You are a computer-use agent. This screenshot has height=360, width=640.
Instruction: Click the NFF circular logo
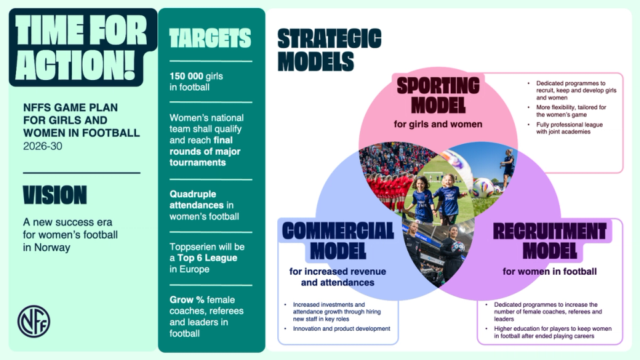(33, 321)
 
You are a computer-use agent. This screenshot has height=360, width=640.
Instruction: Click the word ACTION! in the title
(75, 65)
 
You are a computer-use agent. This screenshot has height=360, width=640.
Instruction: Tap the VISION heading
(55, 195)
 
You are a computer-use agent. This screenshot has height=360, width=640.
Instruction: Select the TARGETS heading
(209, 38)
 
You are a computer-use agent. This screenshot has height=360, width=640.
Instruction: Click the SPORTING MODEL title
(437, 95)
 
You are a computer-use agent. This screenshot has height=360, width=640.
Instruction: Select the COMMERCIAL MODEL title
(338, 241)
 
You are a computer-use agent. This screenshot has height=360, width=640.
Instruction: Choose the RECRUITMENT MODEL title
(549, 241)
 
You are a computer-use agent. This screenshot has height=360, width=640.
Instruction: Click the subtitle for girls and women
(437, 123)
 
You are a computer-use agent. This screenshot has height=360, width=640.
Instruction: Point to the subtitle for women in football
(549, 271)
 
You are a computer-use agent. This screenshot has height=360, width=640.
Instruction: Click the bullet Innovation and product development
(341, 329)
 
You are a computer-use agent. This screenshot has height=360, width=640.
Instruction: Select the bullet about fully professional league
(567, 127)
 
